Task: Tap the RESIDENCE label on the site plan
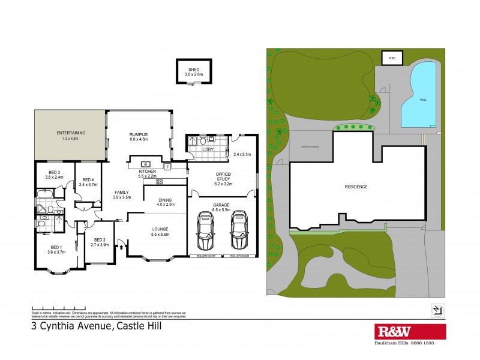tap(356, 187)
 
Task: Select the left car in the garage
tap(206, 232)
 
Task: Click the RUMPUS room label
tap(139, 136)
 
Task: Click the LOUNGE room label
tap(160, 231)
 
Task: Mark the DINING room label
tap(165, 202)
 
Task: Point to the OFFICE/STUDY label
tap(222, 178)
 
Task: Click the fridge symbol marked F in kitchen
tap(167, 166)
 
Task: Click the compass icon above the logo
tap(437, 310)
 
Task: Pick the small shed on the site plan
tap(392, 58)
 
